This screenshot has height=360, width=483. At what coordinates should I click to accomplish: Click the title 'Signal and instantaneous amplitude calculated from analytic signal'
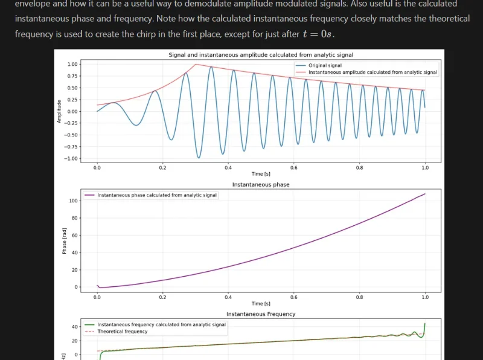(260, 55)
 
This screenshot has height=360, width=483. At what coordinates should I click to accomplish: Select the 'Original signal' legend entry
(325, 65)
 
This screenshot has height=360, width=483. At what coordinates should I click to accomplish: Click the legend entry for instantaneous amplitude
(373, 72)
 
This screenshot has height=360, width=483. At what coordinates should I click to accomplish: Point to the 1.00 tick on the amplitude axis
(72, 64)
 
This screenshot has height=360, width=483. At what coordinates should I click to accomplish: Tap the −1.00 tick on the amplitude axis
(71, 158)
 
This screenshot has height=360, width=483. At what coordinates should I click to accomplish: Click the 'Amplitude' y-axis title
(59, 111)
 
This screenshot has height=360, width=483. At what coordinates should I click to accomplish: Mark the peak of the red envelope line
(194, 64)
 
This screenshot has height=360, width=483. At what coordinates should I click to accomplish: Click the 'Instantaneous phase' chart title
(260, 184)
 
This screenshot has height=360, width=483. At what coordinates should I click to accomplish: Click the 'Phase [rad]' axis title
(64, 240)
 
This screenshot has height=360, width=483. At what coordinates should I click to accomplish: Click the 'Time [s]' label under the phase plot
(260, 303)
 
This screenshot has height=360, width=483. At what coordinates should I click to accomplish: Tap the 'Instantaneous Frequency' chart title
(260, 314)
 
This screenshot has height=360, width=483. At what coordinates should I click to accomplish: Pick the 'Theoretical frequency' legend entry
(122, 332)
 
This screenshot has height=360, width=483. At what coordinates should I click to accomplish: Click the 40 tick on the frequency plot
(76, 327)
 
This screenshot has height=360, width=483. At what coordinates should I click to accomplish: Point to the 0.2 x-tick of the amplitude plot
(162, 167)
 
